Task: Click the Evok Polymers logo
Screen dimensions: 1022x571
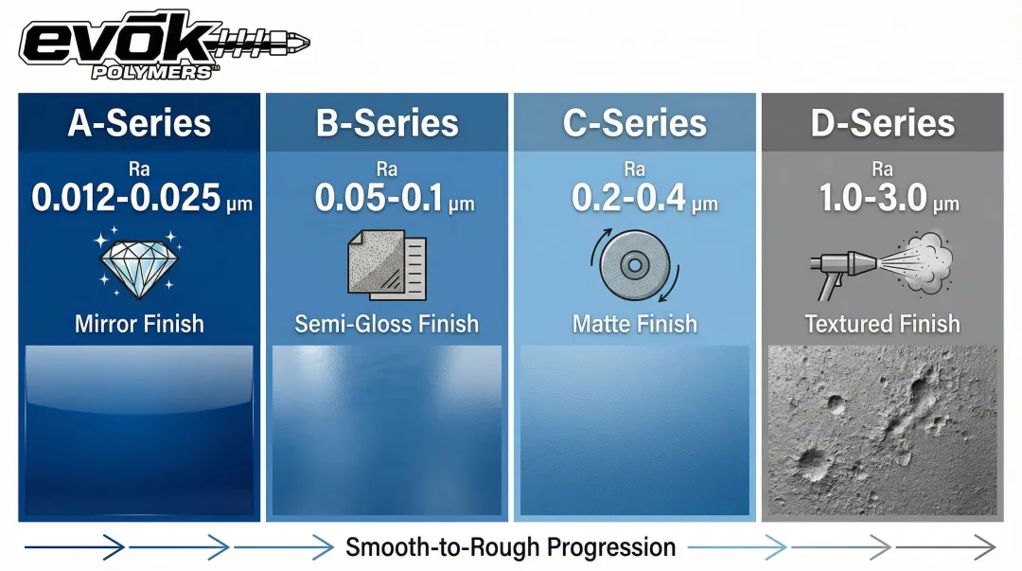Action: pyautogui.click(x=165, y=45)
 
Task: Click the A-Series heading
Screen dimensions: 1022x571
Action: pyautogui.click(x=139, y=123)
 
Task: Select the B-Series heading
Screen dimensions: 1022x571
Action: pyautogui.click(x=387, y=123)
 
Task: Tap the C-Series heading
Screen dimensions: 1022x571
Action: pyautogui.click(x=635, y=123)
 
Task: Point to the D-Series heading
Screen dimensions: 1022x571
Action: pyautogui.click(x=883, y=123)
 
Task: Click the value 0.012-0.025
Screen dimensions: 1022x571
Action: pyautogui.click(x=127, y=198)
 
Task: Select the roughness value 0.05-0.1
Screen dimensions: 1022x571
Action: pyautogui.click(x=379, y=198)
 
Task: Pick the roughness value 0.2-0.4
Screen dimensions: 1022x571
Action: pyautogui.click(x=629, y=198)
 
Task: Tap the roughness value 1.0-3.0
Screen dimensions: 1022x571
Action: pyautogui.click(x=872, y=198)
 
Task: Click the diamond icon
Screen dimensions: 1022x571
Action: pyautogui.click(x=139, y=263)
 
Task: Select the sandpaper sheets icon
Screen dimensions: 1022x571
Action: pyautogui.click(x=387, y=264)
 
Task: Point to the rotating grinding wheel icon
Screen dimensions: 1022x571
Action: pyautogui.click(x=635, y=265)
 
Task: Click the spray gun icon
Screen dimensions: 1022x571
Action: pyautogui.click(x=882, y=264)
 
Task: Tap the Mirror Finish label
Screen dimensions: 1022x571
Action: pyautogui.click(x=139, y=324)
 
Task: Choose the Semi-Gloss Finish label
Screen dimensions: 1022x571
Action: pyautogui.click(x=387, y=324)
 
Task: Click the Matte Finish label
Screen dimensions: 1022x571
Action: pyautogui.click(x=635, y=324)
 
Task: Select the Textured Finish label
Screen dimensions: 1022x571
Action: pyautogui.click(x=883, y=324)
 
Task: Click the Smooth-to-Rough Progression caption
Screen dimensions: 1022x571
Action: pyautogui.click(x=510, y=547)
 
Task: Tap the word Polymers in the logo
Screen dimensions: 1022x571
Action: pyautogui.click(x=152, y=72)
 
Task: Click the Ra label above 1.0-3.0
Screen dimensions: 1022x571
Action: pyautogui.click(x=883, y=169)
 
